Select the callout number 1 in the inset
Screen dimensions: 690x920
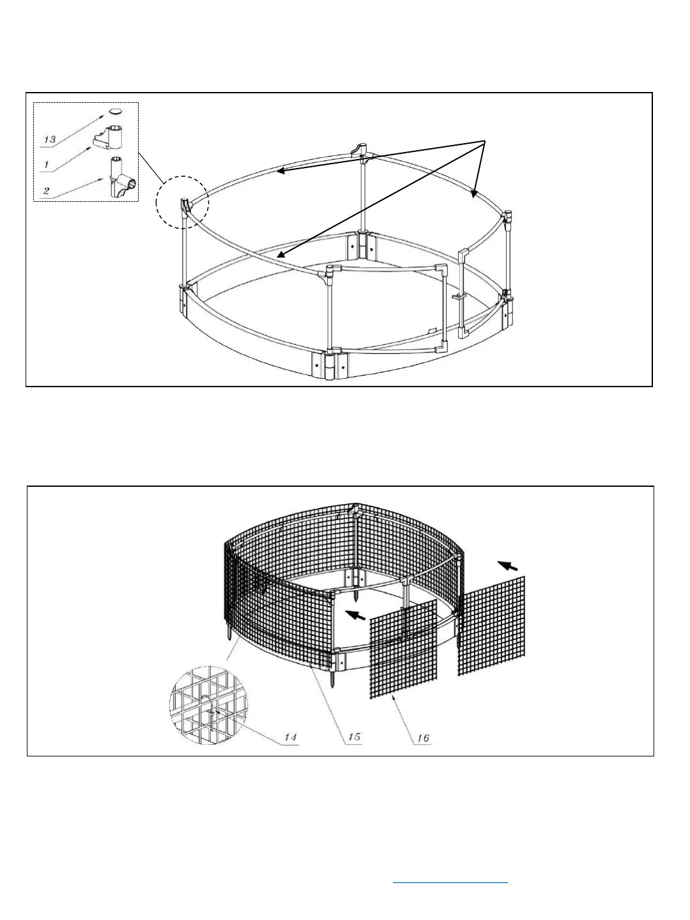(46, 164)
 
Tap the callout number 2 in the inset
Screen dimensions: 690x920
(47, 191)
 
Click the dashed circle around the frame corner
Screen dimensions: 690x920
(182, 203)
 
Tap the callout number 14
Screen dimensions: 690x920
(290, 737)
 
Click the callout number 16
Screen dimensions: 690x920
(422, 738)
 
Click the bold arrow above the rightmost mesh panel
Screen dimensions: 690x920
(508, 565)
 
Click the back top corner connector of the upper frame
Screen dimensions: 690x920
(360, 151)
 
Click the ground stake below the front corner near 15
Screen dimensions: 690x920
(333, 677)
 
